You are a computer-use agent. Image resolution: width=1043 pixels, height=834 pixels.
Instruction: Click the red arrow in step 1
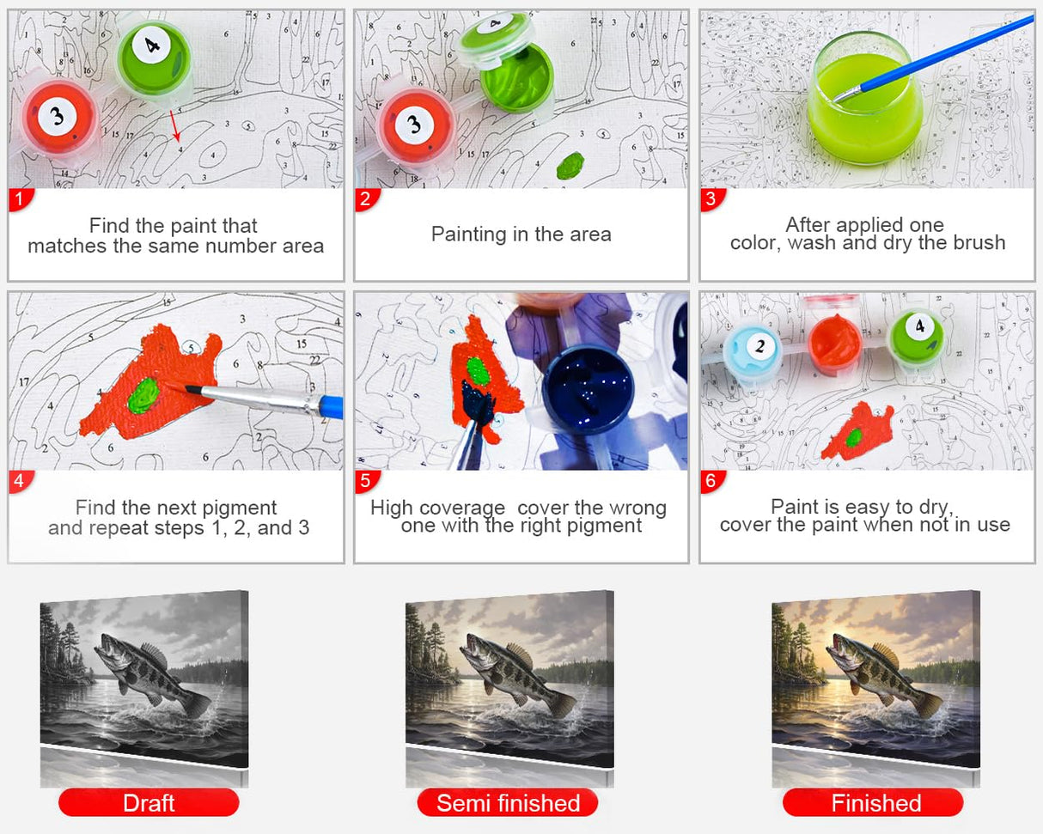click(174, 125)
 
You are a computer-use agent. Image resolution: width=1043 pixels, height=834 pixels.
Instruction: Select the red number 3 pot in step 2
click(416, 125)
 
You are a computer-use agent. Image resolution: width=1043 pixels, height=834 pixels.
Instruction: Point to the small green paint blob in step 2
click(570, 165)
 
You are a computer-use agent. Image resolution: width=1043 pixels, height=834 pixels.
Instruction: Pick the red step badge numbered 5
click(365, 482)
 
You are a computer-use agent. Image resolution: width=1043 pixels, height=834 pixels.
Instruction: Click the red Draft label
click(149, 802)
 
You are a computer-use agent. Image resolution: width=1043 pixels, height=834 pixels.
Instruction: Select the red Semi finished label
click(508, 802)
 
